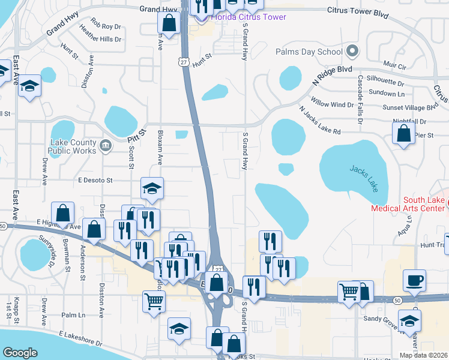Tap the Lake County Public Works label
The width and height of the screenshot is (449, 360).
pos(73,146)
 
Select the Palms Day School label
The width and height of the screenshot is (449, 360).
pos(309,52)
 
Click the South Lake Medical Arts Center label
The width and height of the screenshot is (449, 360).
pos(415,204)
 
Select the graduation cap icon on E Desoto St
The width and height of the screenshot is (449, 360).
pos(152,188)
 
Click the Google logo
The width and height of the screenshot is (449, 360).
pos(20,353)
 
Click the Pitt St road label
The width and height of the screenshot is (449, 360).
pos(137,136)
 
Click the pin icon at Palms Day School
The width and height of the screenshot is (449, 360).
pos(352,52)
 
